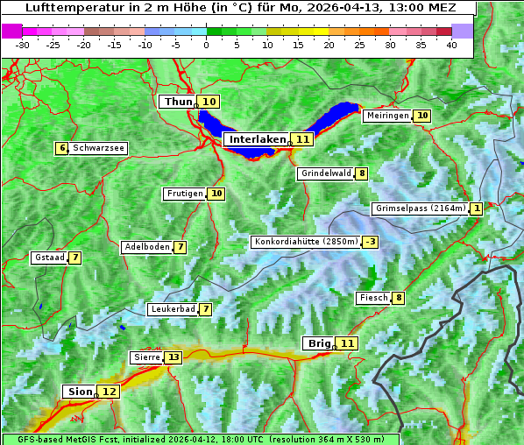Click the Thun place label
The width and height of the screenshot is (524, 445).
pos(177,102)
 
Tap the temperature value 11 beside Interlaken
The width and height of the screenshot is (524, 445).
pos(303,139)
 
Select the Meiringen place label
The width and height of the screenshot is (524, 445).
pos(387,116)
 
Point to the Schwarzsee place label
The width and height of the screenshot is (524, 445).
pos(98,148)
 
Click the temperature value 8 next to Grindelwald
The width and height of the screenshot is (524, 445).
pos(362,173)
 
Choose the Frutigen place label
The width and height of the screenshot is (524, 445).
pos(185,194)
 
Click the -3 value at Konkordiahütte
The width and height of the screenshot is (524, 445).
pos(371,242)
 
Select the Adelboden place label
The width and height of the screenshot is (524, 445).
pos(147,247)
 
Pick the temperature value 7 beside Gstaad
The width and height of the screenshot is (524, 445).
pos(75,258)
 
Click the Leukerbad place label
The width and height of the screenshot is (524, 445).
pos(173,309)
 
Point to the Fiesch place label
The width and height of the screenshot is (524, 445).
pos(373,298)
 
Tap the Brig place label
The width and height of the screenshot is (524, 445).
pos(316,343)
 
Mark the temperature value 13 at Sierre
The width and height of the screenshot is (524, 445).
pos(173,357)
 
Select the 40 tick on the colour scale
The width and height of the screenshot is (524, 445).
pos(451,45)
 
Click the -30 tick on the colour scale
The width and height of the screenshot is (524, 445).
pos(23,45)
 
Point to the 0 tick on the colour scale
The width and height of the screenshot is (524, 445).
pos(206,45)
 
